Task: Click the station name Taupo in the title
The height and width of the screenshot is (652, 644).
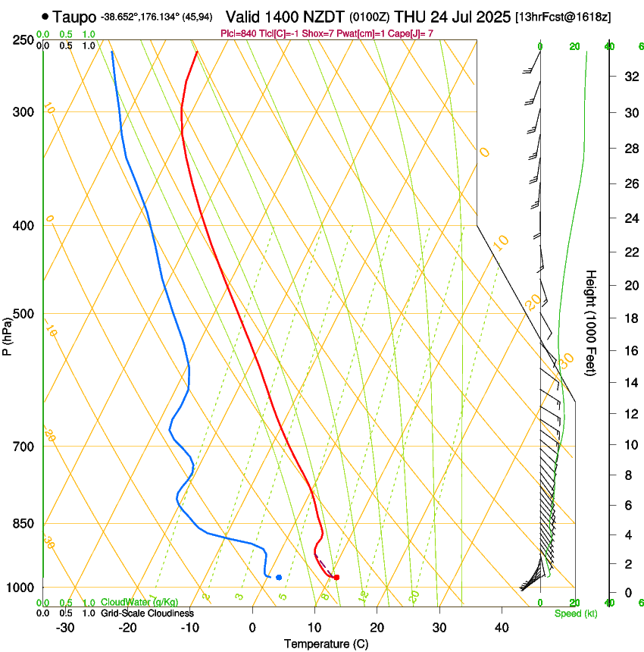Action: point(74,15)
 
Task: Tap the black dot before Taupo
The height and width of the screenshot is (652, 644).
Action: point(46,15)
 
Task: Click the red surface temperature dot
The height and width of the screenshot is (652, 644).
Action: point(336,578)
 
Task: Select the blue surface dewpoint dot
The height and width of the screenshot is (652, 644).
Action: point(279,578)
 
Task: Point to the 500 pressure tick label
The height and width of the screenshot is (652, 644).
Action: point(23,314)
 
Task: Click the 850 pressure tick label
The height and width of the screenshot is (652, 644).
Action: point(23,524)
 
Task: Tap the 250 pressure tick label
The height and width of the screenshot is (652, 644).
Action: point(23,39)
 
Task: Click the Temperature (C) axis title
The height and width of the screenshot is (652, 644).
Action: point(326,644)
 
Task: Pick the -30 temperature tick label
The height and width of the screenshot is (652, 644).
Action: point(65,628)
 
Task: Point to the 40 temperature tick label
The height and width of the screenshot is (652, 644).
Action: point(501,628)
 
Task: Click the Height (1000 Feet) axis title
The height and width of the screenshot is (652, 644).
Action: point(591,322)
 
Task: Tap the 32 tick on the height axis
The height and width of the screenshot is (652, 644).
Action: point(630,77)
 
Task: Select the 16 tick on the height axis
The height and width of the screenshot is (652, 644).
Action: point(630,350)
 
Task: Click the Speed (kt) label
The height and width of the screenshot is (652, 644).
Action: point(576,613)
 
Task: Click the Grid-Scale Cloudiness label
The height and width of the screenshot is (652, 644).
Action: point(147,613)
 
